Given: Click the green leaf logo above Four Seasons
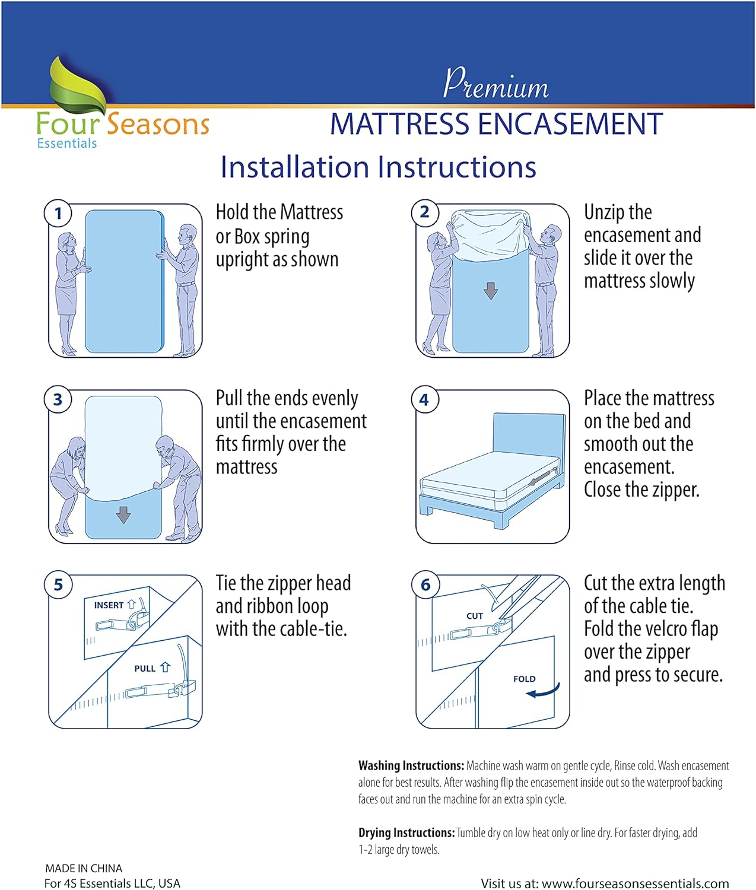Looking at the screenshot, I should tap(77, 86).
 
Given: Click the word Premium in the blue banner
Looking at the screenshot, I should tap(496, 84).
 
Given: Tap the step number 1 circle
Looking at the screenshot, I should tap(58, 213).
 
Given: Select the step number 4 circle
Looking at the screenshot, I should tap(424, 400).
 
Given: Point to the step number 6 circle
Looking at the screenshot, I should tap(425, 585).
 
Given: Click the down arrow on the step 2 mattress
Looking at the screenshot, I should tap(491, 291).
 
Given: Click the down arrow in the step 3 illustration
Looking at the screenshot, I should tap(123, 514).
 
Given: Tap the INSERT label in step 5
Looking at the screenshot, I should tap(109, 605).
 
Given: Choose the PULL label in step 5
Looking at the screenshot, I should tap(145, 669).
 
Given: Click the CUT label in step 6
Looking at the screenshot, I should tap(475, 616).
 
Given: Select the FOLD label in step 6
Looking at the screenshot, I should tap(525, 679).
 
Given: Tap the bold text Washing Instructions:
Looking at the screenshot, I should tap(411, 766).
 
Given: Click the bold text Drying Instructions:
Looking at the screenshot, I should tap(406, 833).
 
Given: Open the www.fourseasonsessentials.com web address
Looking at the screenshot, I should tap(635, 883).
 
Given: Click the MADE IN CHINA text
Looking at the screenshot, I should tap(84, 868).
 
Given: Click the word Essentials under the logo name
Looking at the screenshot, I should tap(67, 144).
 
